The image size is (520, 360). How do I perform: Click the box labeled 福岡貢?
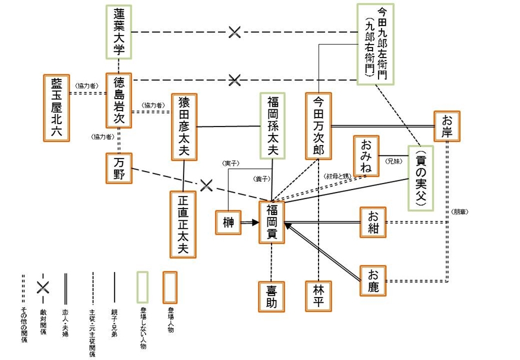[272, 223]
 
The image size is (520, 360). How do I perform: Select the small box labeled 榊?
[228, 223]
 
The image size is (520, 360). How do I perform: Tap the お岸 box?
[447, 127]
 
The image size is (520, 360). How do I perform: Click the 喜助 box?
[272, 295]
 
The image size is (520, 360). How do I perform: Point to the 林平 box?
[318, 295]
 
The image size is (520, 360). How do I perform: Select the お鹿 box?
[374, 280]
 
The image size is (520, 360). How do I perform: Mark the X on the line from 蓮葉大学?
[235, 32]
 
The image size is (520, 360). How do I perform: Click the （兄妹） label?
[393, 161]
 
